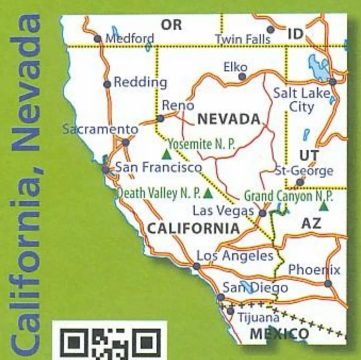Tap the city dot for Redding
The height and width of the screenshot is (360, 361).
point(107,84)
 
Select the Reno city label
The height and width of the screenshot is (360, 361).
point(178,106)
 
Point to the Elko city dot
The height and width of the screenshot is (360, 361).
point(242,76)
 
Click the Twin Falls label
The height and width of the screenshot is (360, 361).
point(243,39)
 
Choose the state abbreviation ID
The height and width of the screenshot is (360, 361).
point(295,34)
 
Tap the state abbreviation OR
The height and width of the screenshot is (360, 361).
point(171,25)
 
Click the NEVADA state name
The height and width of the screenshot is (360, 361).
point(229,119)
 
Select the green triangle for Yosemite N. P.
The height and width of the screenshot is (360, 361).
point(166,155)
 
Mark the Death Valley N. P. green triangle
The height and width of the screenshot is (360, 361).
point(208,194)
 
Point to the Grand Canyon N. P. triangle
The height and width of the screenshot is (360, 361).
point(324,206)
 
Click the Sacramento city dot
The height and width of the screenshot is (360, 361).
point(126,142)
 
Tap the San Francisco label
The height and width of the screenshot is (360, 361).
point(158,167)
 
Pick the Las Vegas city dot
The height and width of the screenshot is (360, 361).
point(263,213)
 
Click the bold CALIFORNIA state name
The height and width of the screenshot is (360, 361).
point(193,228)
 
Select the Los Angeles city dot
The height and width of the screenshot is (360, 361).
point(196,266)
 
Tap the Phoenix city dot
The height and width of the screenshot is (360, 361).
point(328,284)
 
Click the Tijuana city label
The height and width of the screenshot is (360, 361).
point(258,318)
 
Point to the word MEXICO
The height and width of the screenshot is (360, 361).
point(279,334)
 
